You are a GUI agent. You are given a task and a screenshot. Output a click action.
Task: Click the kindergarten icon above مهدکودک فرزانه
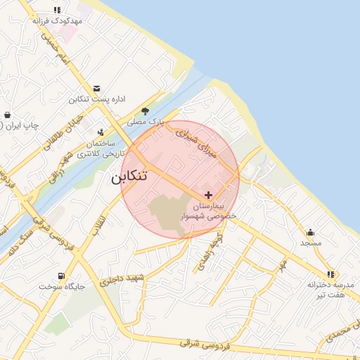tap(57, 10)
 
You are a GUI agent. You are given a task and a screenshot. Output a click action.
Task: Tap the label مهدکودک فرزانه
tap(57, 21)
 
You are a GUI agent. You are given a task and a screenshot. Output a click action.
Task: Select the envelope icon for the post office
tap(96, 88)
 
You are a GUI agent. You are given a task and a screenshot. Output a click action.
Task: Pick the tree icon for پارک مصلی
tap(145, 110)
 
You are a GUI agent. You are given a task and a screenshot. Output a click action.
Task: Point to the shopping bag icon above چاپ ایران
tap(7, 115)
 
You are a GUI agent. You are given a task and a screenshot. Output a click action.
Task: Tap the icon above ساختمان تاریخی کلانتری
tap(101, 131)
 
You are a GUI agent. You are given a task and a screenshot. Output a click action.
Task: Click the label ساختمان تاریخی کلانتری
tap(101, 148)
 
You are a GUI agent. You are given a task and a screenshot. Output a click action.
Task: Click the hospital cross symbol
tap(208, 194)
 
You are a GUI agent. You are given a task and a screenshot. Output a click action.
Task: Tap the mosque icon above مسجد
tap(310, 232)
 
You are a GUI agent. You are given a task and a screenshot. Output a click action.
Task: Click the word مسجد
tap(310, 243)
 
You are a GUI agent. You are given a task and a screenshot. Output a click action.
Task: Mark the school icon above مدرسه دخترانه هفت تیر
tap(330, 274)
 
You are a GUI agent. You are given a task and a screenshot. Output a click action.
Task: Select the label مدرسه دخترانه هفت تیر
tap(329, 289)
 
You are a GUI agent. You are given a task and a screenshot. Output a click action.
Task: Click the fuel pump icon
tap(62, 275)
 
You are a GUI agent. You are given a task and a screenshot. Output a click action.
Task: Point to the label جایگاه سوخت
tap(62, 286)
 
